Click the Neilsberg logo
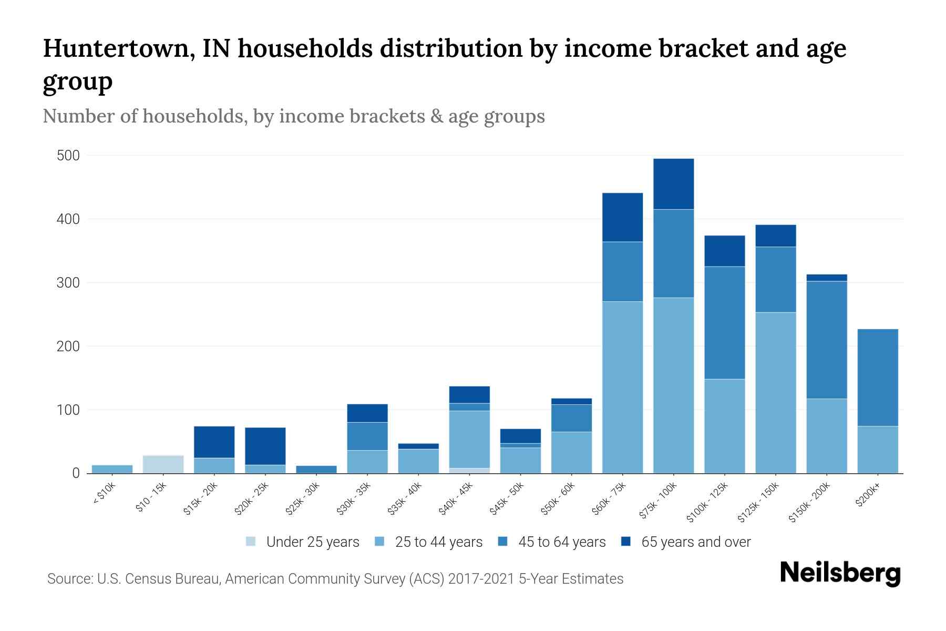(x=840, y=573)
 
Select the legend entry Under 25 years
(x=312, y=542)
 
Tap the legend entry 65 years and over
(x=695, y=542)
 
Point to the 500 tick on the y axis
(x=68, y=156)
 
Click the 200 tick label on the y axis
(x=68, y=347)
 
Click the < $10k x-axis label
(x=105, y=494)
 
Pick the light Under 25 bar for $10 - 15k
(x=163, y=464)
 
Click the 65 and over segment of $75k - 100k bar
(x=673, y=184)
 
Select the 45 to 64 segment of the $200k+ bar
(x=877, y=378)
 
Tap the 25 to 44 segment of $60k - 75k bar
(x=622, y=387)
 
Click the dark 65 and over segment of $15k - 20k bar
(x=214, y=442)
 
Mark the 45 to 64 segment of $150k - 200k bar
(x=826, y=340)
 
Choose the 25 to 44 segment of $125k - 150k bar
(x=775, y=393)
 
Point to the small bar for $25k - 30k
(x=316, y=469)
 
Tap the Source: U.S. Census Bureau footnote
(x=335, y=579)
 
